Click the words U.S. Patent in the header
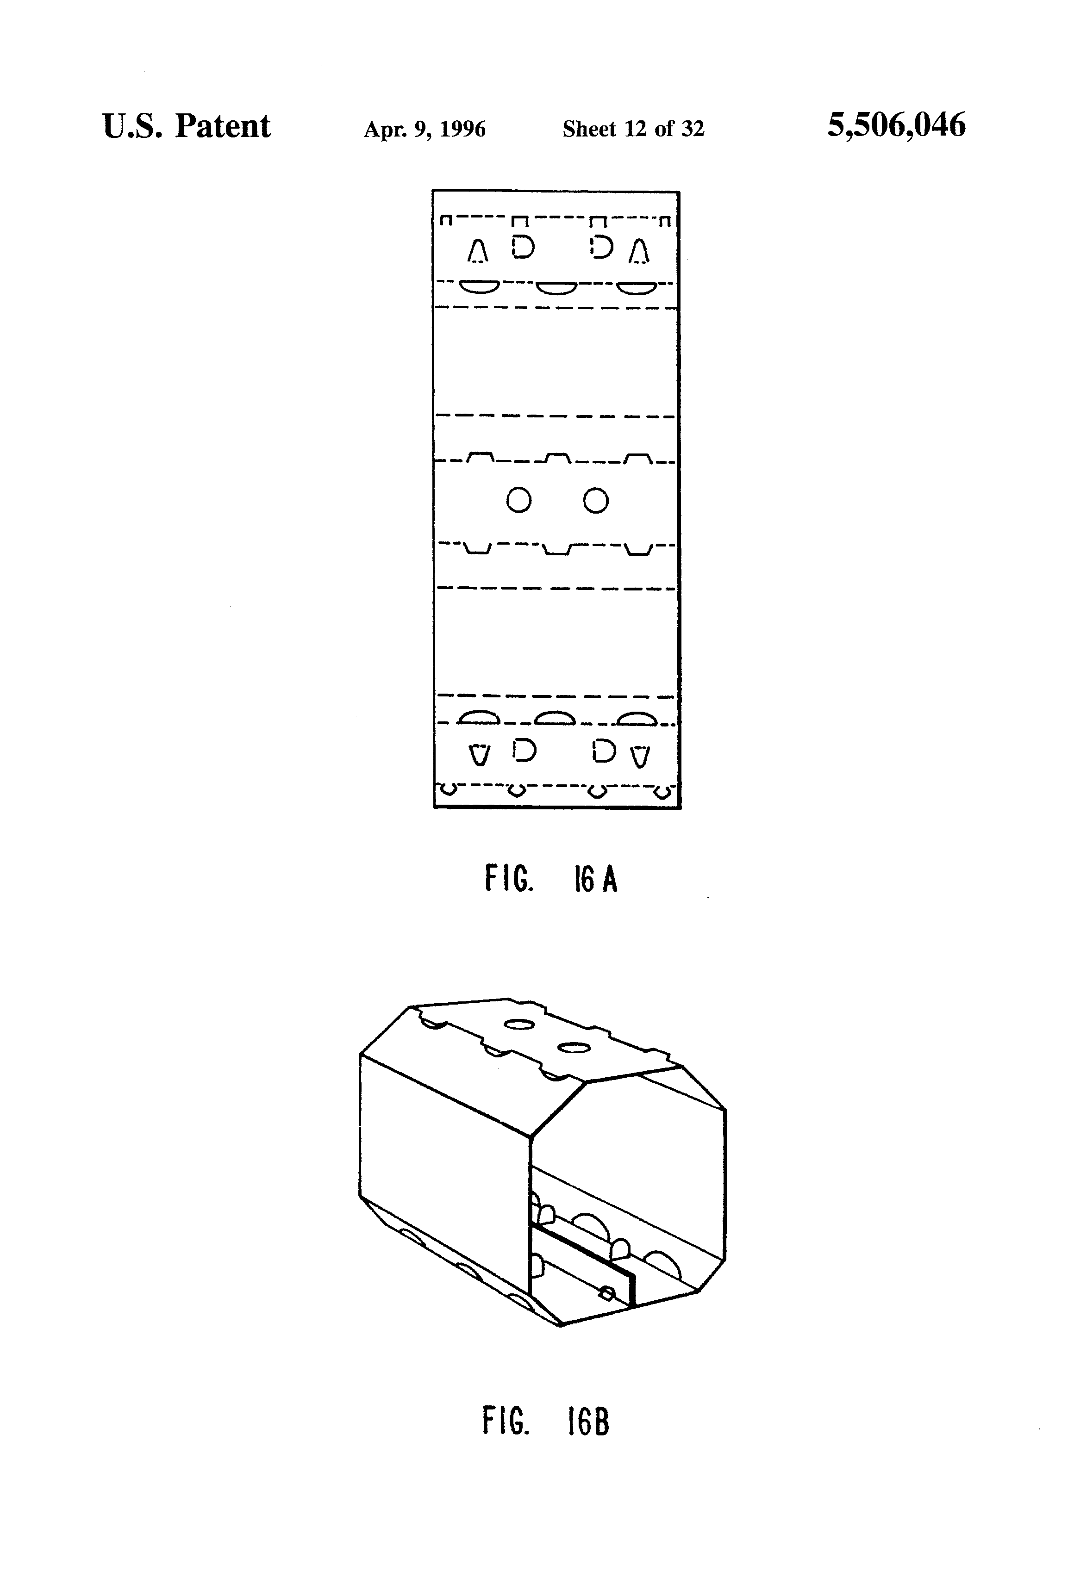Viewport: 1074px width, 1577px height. pyautogui.click(x=186, y=126)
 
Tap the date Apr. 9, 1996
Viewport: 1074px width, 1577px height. pyautogui.click(x=425, y=129)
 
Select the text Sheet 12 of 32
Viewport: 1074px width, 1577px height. pyautogui.click(x=633, y=129)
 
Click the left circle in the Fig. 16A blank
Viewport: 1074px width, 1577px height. pyautogui.click(x=518, y=501)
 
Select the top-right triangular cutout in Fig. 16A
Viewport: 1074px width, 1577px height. pyautogui.click(x=639, y=252)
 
